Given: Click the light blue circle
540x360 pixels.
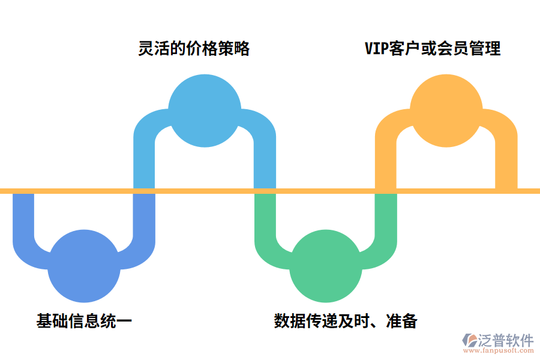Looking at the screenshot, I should point(205,110).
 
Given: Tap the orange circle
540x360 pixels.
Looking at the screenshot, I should point(446,110).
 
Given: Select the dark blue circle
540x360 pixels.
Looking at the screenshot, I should point(84,266).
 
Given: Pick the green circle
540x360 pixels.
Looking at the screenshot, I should point(326,266).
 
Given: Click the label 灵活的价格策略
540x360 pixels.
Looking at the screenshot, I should point(194,49).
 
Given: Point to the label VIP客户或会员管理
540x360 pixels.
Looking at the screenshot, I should point(433,49).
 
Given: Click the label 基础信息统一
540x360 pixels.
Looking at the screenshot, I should point(84,321).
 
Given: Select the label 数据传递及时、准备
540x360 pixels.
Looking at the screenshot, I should point(346,321).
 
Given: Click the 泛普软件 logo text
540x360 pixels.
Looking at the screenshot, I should point(505,340).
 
